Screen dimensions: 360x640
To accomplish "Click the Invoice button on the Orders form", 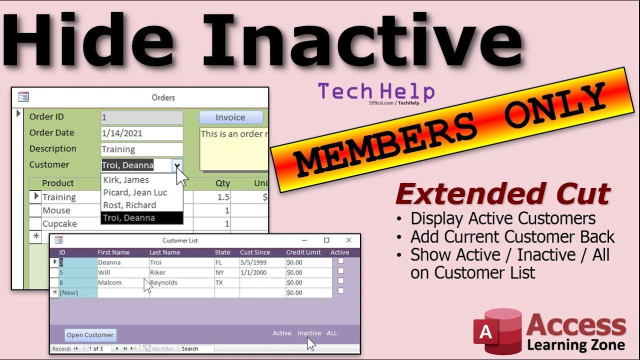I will [x=230, y=117].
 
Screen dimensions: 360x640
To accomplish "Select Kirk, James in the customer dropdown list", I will [x=126, y=180].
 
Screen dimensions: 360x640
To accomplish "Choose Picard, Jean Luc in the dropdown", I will [x=135, y=192].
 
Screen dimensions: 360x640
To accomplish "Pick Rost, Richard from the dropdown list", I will [x=129, y=205].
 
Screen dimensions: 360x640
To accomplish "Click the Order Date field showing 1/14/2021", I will [x=141, y=133].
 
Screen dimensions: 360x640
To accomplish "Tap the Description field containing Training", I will [x=141, y=149].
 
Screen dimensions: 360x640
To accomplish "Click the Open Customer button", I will [x=90, y=335].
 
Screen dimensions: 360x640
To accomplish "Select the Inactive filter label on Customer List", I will [x=309, y=333].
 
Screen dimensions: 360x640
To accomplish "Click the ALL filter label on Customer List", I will [x=332, y=333].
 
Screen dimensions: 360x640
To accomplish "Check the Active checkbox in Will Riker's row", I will [x=341, y=271].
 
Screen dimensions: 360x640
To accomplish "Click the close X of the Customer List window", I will [x=349, y=240].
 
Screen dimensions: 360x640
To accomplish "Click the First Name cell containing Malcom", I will [x=109, y=282].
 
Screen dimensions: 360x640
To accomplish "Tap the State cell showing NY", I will [x=219, y=272].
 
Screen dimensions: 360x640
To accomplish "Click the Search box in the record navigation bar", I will [x=197, y=348].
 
